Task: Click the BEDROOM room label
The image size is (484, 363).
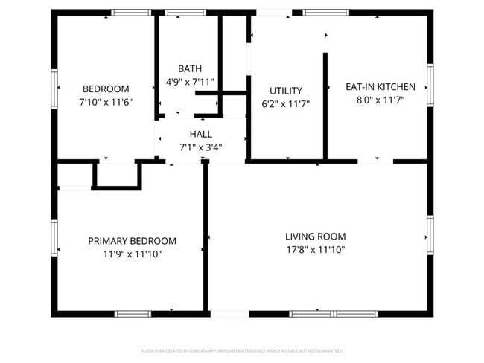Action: pyautogui.click(x=105, y=89)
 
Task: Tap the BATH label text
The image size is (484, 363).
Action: pyautogui.click(x=189, y=68)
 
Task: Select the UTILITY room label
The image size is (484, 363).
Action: pyautogui.click(x=286, y=89)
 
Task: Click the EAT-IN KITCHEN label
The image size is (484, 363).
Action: pyautogui.click(x=375, y=86)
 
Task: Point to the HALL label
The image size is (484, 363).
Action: pyautogui.click(x=200, y=134)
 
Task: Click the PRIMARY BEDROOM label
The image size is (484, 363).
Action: pyautogui.click(x=132, y=241)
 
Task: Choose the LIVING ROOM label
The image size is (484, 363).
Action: pyautogui.click(x=315, y=237)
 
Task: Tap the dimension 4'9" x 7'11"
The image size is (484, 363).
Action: pyautogui.click(x=189, y=82)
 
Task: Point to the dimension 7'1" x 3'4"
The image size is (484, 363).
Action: pyautogui.click(x=200, y=147)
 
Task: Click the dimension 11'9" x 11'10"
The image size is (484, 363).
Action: pyautogui.click(x=132, y=254)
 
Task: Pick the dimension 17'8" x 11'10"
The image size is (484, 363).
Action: pyautogui.click(x=315, y=250)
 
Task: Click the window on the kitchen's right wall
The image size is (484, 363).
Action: pyautogui.click(x=430, y=85)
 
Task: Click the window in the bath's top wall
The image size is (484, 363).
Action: pyautogui.click(x=185, y=13)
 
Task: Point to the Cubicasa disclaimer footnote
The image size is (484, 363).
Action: pyautogui.click(x=242, y=350)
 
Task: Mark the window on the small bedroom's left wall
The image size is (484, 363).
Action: pyautogui.click(x=54, y=89)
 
